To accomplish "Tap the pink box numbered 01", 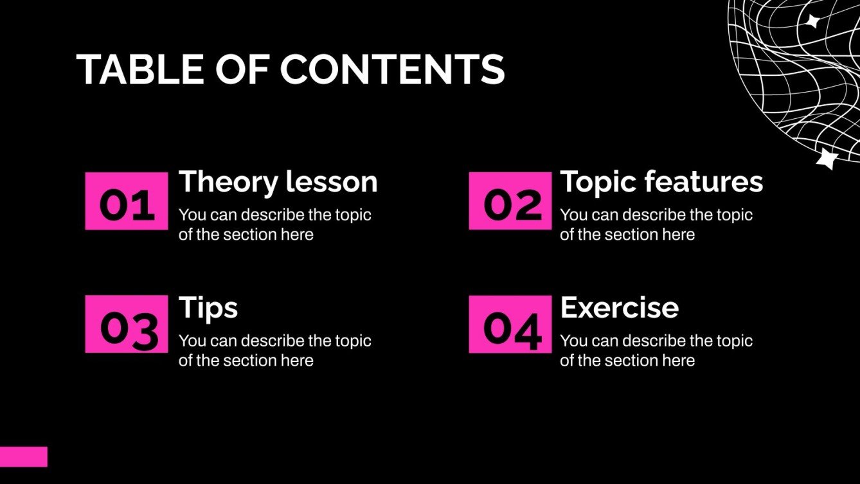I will [x=127, y=201].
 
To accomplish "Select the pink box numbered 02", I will [x=510, y=201].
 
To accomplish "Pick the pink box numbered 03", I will [x=127, y=325].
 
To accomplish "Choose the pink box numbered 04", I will [x=510, y=325].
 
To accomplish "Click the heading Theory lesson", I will [x=278, y=182].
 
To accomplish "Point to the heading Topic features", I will [x=661, y=182].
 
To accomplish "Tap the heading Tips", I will [x=208, y=308].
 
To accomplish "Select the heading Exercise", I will [x=619, y=308].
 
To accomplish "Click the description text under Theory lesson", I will [x=274, y=224].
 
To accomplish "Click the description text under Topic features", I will [x=656, y=224].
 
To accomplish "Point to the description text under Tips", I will [x=274, y=350].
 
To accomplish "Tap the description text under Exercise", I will [x=656, y=350].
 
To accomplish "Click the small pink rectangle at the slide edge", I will [x=24, y=456].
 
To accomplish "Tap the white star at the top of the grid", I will [x=813, y=21].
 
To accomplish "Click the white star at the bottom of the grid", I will [x=826, y=158].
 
